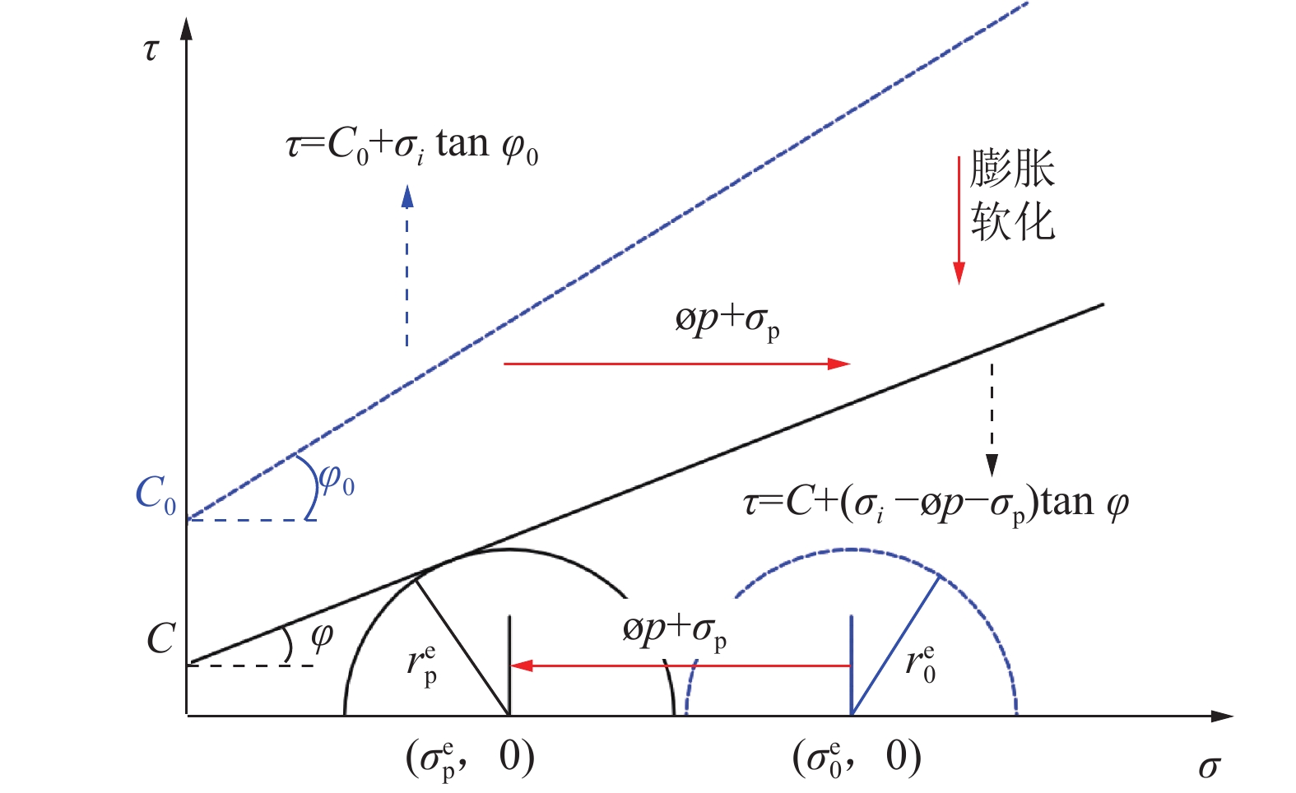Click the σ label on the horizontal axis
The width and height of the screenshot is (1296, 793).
click(1208, 767)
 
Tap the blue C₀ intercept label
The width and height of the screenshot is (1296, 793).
click(156, 494)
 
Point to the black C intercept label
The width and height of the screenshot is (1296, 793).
click(160, 638)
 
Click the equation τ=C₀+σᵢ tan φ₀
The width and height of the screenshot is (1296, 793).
click(412, 146)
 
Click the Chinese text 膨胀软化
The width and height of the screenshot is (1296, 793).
click(1012, 196)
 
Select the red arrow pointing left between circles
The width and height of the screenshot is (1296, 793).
click(680, 665)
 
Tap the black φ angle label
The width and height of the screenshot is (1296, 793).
click(322, 635)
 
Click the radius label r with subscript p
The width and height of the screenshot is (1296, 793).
click(422, 664)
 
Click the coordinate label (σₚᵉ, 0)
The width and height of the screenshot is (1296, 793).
click(470, 758)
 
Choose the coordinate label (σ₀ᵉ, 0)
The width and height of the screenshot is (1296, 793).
click(857, 758)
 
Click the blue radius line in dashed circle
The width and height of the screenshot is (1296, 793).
click(895, 646)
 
